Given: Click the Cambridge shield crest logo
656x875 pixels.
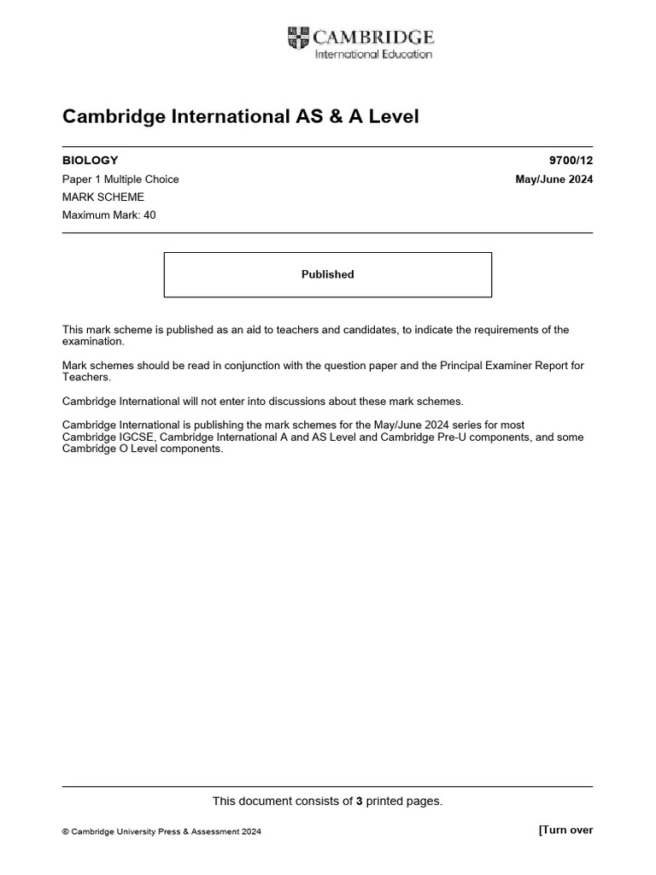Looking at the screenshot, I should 298,38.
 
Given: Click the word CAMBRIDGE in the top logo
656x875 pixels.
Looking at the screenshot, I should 373,37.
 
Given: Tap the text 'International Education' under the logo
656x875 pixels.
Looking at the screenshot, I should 374,55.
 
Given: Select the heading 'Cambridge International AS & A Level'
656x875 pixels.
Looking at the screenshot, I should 241,117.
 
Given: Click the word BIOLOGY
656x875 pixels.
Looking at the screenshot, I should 91,160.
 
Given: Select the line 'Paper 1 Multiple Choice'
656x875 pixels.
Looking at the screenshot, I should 120,179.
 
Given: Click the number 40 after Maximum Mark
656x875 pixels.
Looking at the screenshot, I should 149,215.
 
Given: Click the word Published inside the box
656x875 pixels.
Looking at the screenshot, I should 327,274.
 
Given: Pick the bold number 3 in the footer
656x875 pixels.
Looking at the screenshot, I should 360,802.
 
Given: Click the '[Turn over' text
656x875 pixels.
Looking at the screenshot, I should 565,830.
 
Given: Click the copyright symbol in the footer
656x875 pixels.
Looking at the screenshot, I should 66,831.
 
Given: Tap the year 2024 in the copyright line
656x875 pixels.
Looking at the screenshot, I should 251,831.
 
